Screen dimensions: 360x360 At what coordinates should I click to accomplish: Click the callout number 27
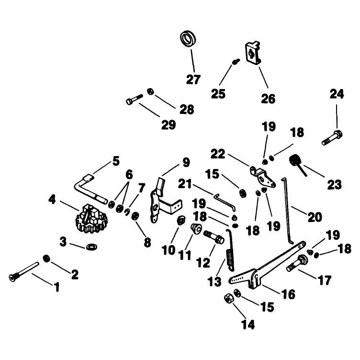(x=193, y=79)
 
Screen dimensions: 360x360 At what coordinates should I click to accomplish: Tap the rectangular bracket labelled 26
(x=253, y=53)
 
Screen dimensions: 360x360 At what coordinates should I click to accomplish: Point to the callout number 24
(x=337, y=94)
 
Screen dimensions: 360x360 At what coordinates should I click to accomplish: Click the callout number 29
(x=169, y=124)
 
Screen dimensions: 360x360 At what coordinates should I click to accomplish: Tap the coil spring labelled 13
(x=230, y=250)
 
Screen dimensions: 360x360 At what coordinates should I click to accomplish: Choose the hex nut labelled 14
(x=229, y=298)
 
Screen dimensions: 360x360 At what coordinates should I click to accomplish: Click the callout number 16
(x=288, y=294)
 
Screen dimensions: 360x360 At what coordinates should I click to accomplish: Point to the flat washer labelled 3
(x=91, y=247)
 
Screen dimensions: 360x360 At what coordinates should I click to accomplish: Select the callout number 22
(x=218, y=154)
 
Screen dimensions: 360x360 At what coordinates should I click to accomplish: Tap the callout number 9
(x=186, y=162)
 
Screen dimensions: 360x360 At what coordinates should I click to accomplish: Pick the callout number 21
(x=185, y=184)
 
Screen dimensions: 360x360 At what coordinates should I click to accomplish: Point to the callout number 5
(x=116, y=161)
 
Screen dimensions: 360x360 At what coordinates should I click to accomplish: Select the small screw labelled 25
(x=236, y=61)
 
